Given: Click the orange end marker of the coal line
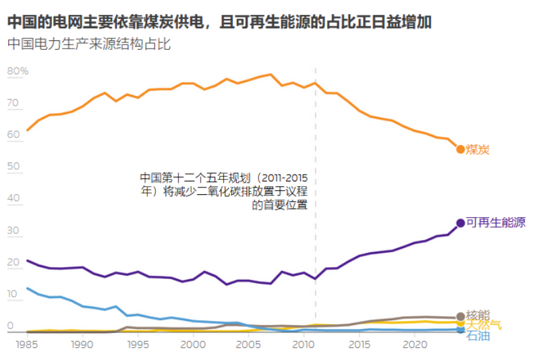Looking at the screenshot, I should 461,149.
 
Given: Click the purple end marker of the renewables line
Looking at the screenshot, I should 461,222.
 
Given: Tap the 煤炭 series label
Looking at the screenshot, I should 478,149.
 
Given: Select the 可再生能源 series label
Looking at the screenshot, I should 496,222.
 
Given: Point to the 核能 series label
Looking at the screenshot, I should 478,315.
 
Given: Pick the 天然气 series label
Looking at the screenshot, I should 484,324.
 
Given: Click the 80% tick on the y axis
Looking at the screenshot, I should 18,71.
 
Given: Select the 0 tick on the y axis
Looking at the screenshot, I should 10,327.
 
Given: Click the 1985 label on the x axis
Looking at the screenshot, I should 27,344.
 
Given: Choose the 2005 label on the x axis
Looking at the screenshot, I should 250,344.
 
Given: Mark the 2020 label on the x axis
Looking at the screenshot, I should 417,344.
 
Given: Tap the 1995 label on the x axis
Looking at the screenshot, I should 138,344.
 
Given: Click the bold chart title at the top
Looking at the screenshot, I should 220,22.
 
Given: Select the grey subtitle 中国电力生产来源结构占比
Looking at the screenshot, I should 90,45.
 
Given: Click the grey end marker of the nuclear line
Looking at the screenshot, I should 461,316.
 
